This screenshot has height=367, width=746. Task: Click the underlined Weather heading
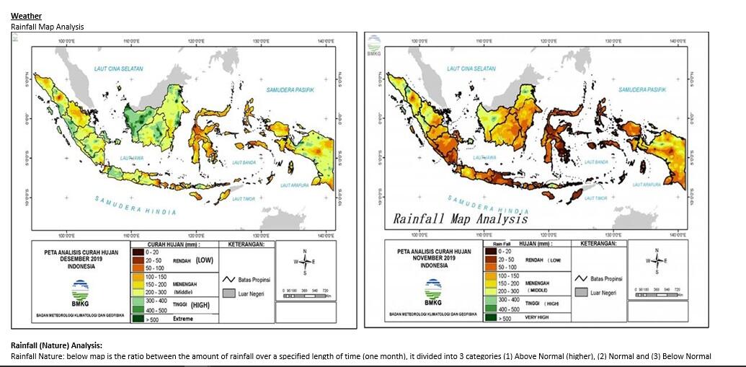pyautogui.click(x=26, y=16)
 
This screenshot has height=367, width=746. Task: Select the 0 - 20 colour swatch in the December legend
pyautogui.click(x=137, y=252)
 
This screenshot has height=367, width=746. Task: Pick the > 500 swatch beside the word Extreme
pyautogui.click(x=137, y=319)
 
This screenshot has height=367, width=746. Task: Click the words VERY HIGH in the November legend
pyautogui.click(x=538, y=317)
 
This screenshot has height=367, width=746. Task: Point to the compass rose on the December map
pyautogui.click(x=306, y=261)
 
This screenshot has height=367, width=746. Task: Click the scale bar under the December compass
pyautogui.click(x=306, y=295)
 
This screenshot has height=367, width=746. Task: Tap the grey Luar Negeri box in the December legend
pyautogui.click(x=229, y=294)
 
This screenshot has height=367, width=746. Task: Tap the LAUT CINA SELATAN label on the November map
pyautogui.click(x=471, y=68)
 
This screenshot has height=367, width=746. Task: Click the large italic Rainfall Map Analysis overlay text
pyautogui.click(x=460, y=218)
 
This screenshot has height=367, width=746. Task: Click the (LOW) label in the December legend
pyautogui.click(x=205, y=260)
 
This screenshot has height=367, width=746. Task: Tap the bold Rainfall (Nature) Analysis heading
pyautogui.click(x=56, y=346)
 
